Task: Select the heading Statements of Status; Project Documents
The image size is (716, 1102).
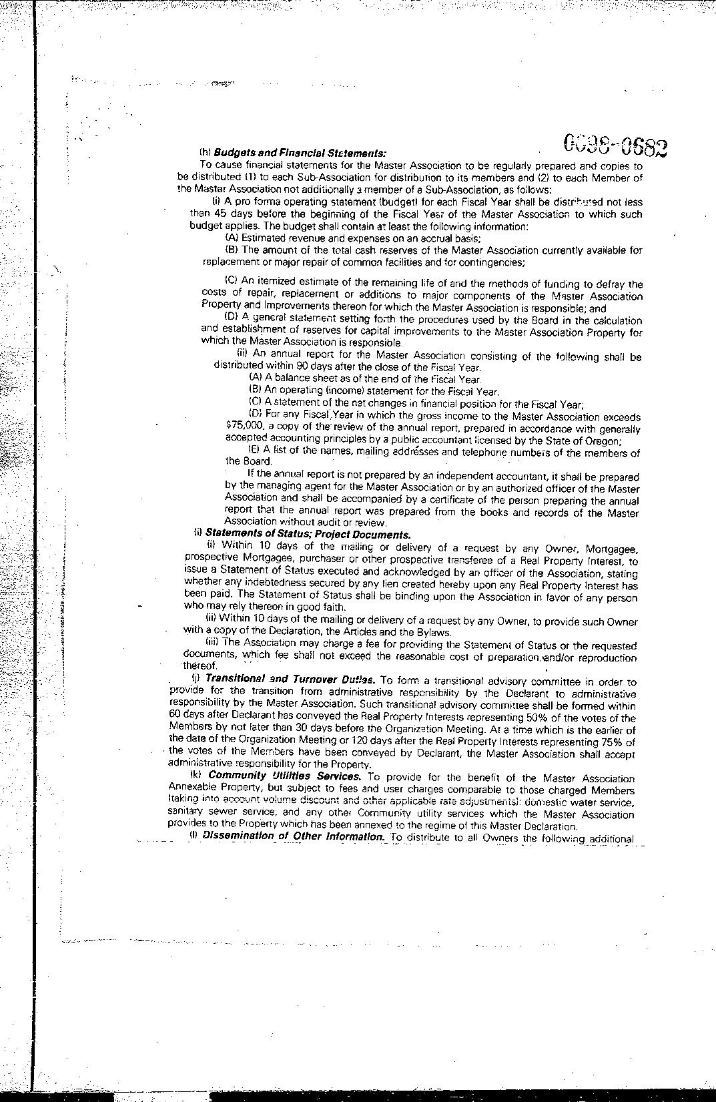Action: click(x=308, y=534)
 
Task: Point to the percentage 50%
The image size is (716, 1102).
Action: click(x=581, y=718)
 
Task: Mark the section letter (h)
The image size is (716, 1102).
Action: click(x=205, y=154)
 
